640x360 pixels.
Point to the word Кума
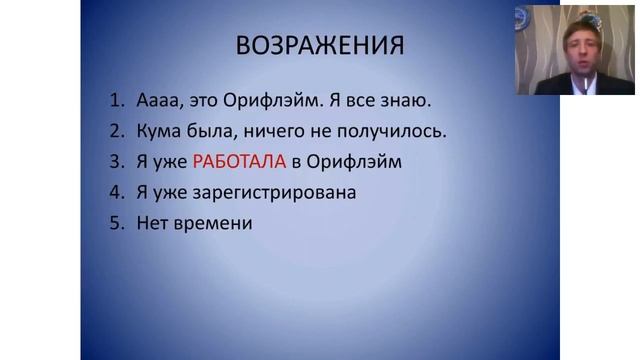[158, 131]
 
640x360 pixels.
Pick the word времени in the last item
[213, 222]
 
